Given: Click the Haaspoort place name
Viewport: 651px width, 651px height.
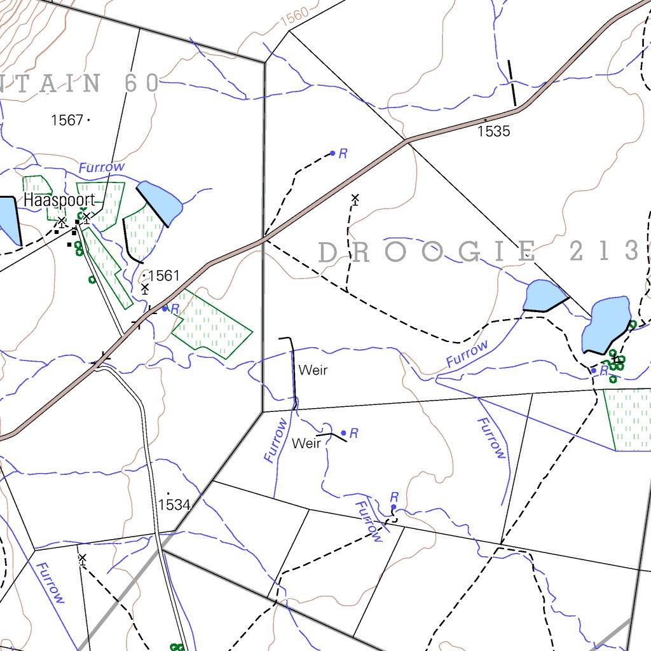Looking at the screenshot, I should pyautogui.click(x=59, y=201).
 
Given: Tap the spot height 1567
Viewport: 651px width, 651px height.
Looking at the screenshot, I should pyautogui.click(x=67, y=120).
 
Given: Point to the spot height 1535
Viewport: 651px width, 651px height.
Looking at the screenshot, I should pyautogui.click(x=494, y=131).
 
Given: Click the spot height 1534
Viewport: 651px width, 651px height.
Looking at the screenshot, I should pyautogui.click(x=174, y=505).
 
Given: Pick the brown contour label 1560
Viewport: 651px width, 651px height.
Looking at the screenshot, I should pyautogui.click(x=294, y=17).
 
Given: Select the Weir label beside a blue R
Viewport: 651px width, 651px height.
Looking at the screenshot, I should pyautogui.click(x=306, y=443).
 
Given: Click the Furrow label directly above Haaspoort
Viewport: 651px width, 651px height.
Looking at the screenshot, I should pyautogui.click(x=102, y=167).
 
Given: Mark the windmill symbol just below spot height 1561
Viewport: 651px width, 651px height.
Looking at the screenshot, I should pyautogui.click(x=145, y=289).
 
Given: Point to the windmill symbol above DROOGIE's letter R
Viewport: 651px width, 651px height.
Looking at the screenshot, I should pyautogui.click(x=355, y=199).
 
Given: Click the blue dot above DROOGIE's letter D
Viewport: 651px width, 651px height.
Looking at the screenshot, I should pyautogui.click(x=332, y=153).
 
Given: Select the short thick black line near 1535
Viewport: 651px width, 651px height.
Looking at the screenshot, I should pyautogui.click(x=512, y=83).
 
